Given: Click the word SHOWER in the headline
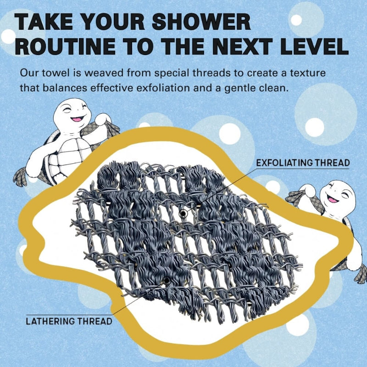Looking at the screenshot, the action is point(201,22).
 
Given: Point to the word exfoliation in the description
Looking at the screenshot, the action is point(163,88).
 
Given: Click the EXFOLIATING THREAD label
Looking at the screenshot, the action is point(303,163).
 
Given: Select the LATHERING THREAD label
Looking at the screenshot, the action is point(69,321).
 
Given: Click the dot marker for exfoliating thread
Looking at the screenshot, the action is point(183,213).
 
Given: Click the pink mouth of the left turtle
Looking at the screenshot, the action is point(77,119).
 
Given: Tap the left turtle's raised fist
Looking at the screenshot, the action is point(102,119).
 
